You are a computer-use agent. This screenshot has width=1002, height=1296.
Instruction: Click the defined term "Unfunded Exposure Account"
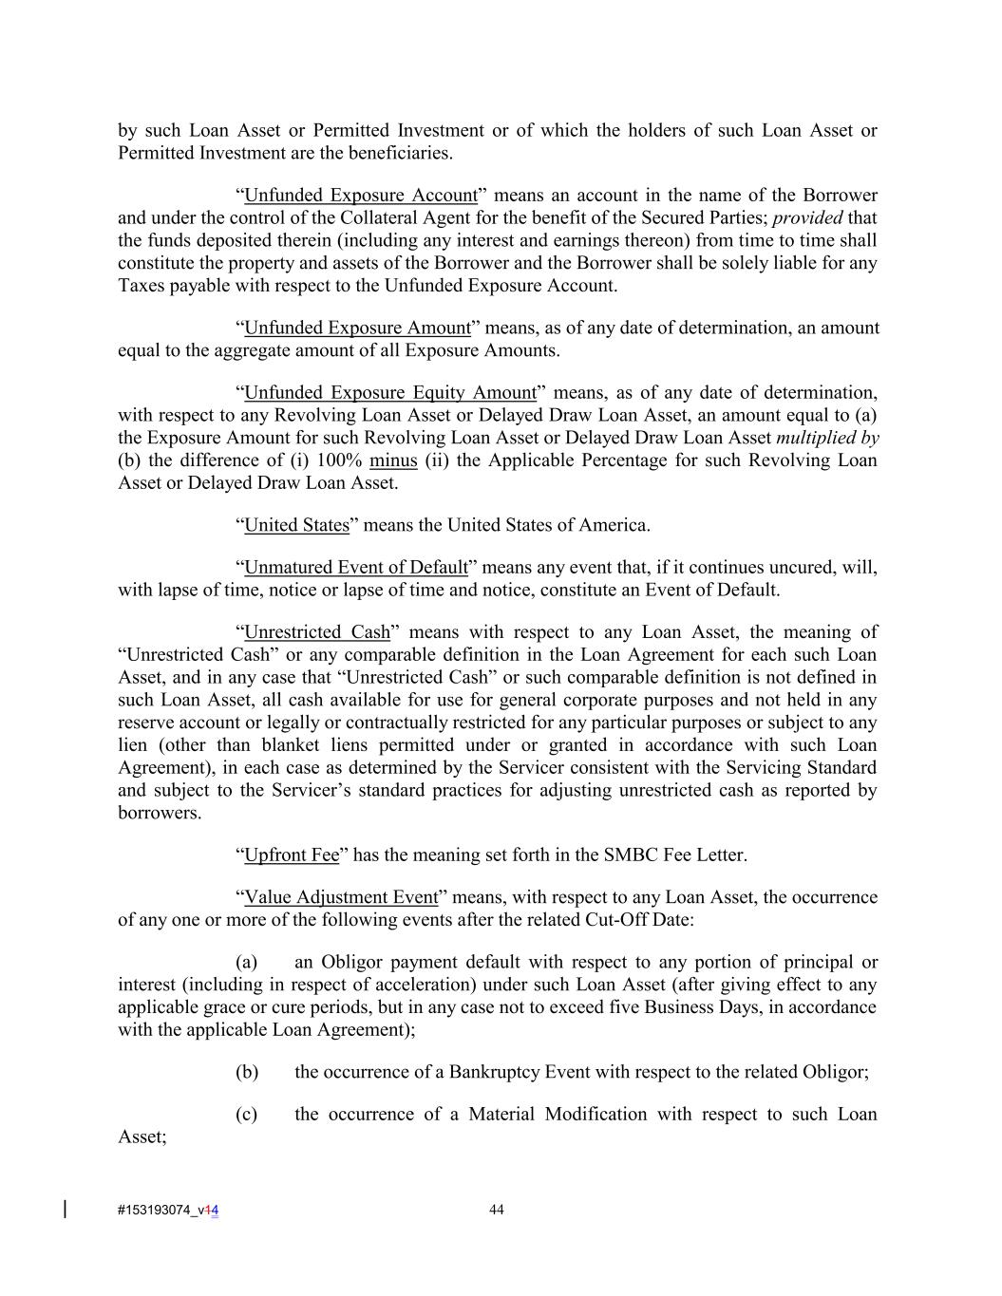click(361, 196)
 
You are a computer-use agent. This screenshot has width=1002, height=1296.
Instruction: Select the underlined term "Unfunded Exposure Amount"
click(357, 329)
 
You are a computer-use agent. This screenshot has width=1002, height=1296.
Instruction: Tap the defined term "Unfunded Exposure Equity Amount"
click(390, 393)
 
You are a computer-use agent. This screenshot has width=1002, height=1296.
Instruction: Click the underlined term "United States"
click(296, 525)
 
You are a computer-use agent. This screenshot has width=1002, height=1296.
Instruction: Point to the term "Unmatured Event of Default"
click(356, 568)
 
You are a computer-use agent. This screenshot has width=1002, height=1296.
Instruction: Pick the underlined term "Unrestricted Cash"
click(317, 632)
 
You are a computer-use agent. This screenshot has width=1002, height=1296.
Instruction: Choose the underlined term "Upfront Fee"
click(292, 855)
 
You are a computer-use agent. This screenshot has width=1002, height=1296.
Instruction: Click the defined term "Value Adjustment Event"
click(341, 897)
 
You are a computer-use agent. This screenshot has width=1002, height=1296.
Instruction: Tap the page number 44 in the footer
click(497, 1210)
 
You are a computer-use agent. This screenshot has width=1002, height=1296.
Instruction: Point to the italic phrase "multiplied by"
click(827, 439)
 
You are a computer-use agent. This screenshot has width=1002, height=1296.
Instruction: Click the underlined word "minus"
click(393, 461)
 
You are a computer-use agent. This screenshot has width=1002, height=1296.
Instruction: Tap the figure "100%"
click(337, 461)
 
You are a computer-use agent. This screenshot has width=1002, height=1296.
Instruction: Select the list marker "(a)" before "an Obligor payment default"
click(247, 963)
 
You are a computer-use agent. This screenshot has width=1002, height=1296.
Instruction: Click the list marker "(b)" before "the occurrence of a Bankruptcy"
click(247, 1073)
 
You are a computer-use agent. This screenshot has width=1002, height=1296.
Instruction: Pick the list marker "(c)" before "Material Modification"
click(247, 1115)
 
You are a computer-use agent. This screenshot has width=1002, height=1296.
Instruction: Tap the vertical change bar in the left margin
click(65, 1209)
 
